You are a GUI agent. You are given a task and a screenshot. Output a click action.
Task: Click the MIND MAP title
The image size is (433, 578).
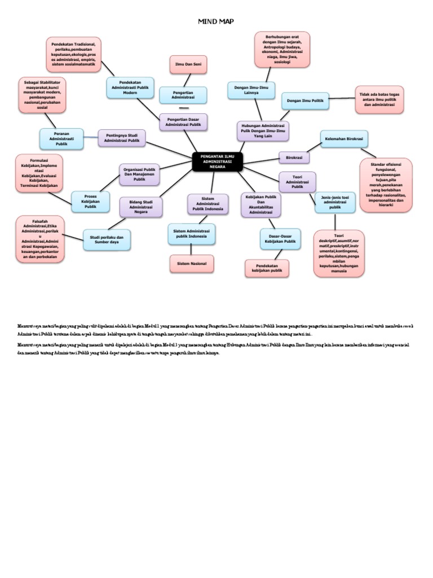pyautogui.click(x=215, y=21)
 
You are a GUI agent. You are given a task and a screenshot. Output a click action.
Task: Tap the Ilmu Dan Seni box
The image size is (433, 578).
pyautogui.click(x=188, y=65)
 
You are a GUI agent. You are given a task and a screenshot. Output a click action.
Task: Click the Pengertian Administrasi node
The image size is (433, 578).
pyautogui.click(x=183, y=95)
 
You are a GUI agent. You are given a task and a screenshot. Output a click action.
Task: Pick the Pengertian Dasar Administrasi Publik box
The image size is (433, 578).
pyautogui.click(x=183, y=121)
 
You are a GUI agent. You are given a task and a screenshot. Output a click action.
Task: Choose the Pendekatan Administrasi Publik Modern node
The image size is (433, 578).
pyautogui.click(x=130, y=87)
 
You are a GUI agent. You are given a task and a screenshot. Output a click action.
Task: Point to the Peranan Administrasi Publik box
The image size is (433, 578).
pyautogui.click(x=61, y=138)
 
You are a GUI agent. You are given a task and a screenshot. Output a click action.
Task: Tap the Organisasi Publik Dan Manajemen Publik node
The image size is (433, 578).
pyautogui.click(x=139, y=174)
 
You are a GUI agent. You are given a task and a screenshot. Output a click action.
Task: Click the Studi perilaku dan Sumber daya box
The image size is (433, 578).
pyautogui.click(x=107, y=239)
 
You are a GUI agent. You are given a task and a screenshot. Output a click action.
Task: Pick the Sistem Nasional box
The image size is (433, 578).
pyautogui.click(x=192, y=264)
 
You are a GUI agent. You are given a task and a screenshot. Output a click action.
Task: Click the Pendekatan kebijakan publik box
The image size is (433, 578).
pyautogui.click(x=267, y=268)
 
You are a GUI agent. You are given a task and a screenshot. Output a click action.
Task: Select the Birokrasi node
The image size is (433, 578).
pyautogui.click(x=294, y=158)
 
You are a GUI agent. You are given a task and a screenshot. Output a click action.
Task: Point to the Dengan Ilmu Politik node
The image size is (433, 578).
pyautogui.click(x=305, y=100)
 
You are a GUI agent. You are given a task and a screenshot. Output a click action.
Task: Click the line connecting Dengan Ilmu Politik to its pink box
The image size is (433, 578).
pyautogui.click(x=342, y=99)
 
